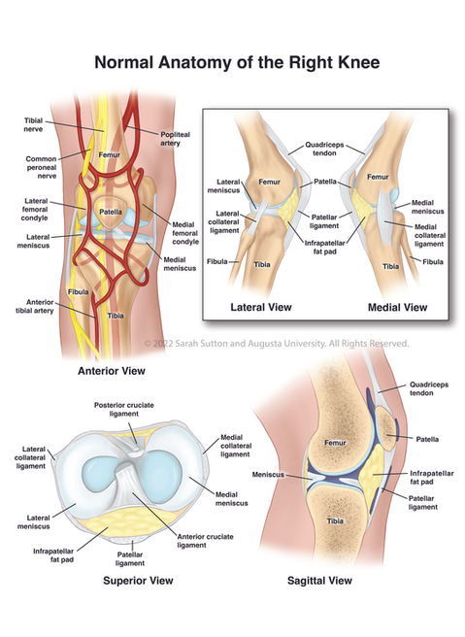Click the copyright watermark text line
pyautogui.click(x=277, y=344)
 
